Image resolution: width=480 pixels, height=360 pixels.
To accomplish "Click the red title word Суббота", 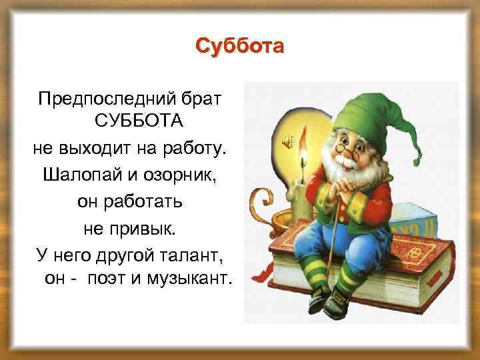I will tap(240, 47).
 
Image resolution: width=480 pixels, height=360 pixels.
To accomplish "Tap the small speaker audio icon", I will tap(287, 141).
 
